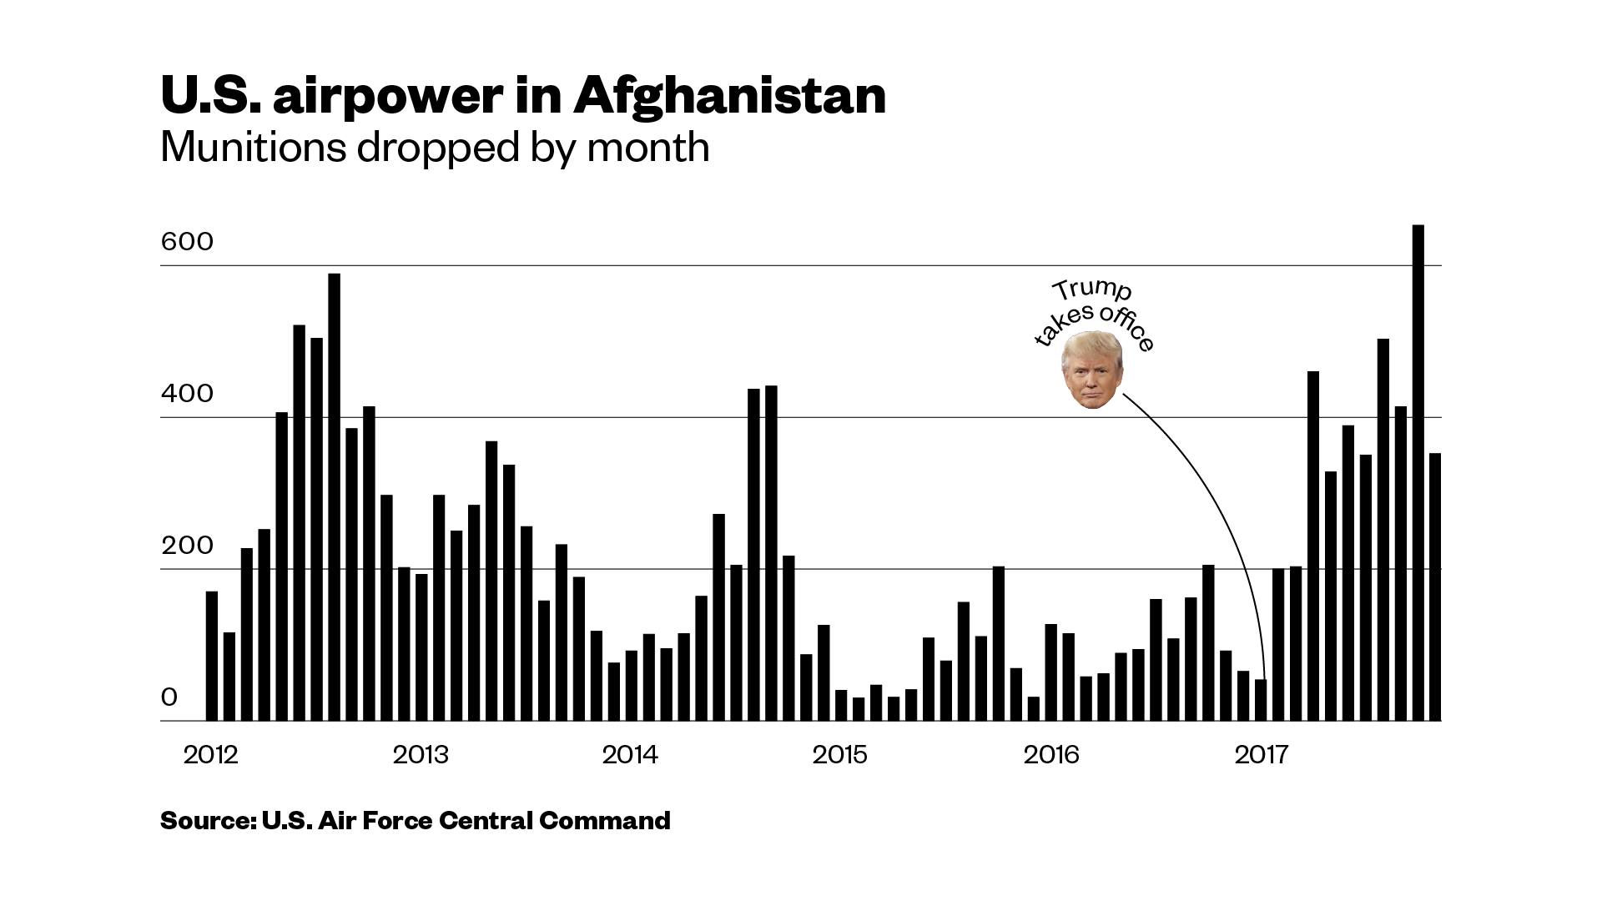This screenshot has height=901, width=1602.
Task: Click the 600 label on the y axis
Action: [x=187, y=242]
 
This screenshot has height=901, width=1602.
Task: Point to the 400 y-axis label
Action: [x=187, y=394]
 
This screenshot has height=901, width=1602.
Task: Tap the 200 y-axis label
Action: [x=187, y=546]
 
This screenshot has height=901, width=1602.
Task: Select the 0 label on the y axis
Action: [x=169, y=697]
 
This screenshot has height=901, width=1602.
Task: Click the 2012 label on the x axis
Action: [x=210, y=755]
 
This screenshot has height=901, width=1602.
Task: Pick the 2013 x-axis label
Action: [x=421, y=755]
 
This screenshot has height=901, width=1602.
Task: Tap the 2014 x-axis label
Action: [x=630, y=755]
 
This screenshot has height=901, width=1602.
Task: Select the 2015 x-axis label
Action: [x=840, y=755]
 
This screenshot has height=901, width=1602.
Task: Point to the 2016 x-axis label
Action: [x=1051, y=755]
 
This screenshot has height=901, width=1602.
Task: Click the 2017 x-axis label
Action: [x=1262, y=755]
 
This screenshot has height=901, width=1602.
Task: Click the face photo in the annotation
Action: [x=1091, y=370]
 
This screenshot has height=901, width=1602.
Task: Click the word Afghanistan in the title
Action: [x=729, y=96]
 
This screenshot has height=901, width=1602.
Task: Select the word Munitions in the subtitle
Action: [x=253, y=148]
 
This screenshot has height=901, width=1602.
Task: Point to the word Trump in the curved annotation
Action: [x=1091, y=289]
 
